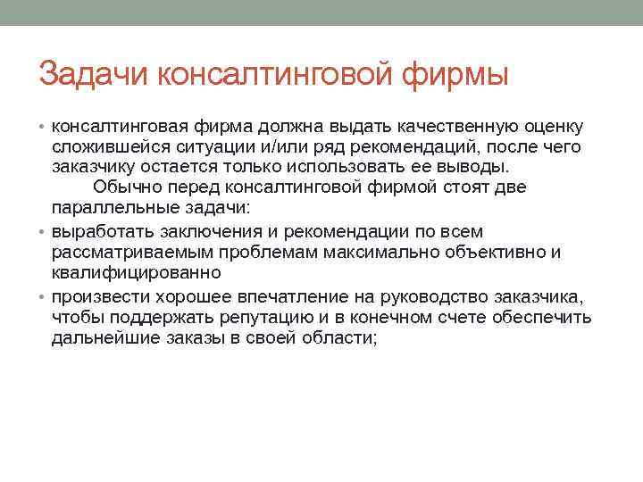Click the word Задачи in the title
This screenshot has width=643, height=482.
tap(94, 74)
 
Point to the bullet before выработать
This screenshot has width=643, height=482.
tap(43, 232)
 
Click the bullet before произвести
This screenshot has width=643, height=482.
tap(43, 296)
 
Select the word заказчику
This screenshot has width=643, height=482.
tap(91, 167)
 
